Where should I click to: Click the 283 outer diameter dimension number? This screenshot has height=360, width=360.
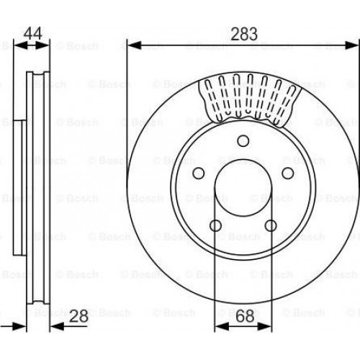(x=244, y=34)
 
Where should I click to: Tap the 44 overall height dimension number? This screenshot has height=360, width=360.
(x=33, y=33)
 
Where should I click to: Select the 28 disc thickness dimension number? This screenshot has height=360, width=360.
(x=78, y=316)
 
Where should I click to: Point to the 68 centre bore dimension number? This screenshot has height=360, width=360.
(x=245, y=316)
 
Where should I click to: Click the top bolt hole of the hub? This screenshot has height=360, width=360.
(x=243, y=140)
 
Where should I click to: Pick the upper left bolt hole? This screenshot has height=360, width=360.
(x=199, y=173)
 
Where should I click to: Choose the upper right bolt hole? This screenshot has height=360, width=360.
(x=287, y=173)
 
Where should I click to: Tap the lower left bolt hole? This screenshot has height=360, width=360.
(x=215, y=225)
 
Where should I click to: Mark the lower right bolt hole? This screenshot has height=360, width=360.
(x=271, y=225)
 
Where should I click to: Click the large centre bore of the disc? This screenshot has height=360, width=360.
(x=243, y=188)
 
